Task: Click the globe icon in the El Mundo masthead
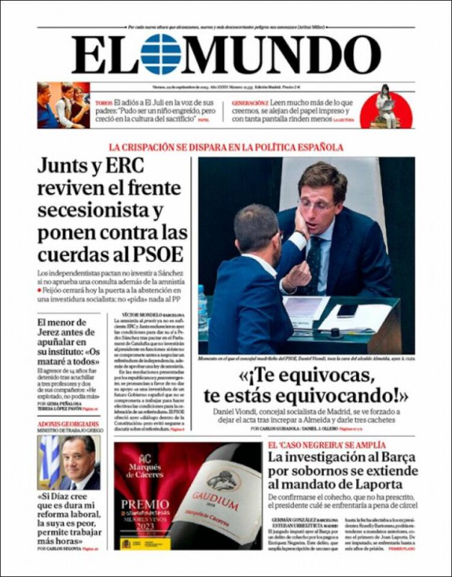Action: tap(160, 54)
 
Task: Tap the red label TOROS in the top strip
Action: tap(104, 104)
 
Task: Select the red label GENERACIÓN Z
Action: tap(251, 104)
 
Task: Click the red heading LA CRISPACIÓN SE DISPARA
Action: tap(226, 147)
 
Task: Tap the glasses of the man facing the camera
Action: tap(316, 205)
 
